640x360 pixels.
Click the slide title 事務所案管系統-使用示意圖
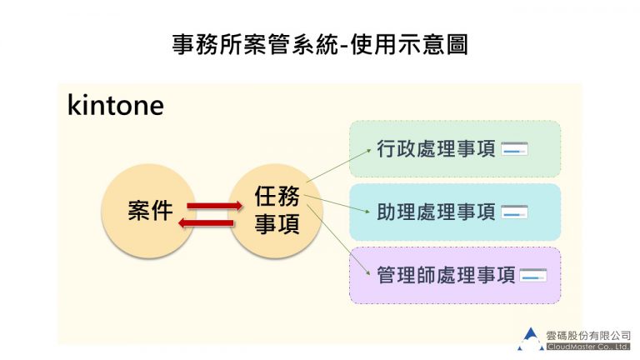[x=319, y=44]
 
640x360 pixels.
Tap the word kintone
[x=115, y=106]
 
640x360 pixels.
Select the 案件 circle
[x=150, y=211]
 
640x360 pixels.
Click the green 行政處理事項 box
[x=454, y=149]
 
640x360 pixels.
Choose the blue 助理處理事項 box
[x=454, y=212]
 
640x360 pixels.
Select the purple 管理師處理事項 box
[x=454, y=275]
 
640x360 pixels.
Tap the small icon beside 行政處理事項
[x=515, y=150]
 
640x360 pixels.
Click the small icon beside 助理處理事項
[x=515, y=212]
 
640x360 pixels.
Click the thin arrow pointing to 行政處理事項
[x=338, y=165]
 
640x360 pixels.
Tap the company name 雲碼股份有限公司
[x=588, y=334]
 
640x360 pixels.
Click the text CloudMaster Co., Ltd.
[x=588, y=345]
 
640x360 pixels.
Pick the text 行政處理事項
[x=436, y=149]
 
